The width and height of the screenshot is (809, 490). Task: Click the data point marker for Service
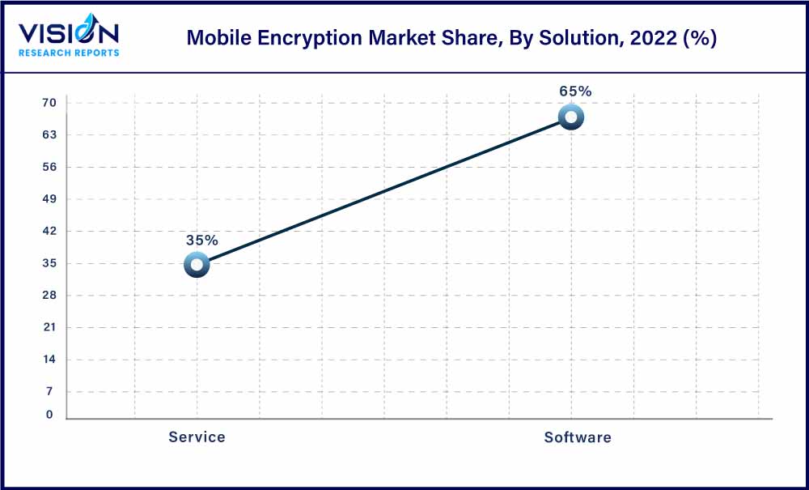pyautogui.click(x=197, y=264)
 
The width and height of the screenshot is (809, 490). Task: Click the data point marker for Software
pyautogui.click(x=571, y=117)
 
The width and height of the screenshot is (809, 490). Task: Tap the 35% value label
pyautogui.click(x=201, y=241)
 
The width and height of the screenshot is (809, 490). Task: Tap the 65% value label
pyautogui.click(x=575, y=92)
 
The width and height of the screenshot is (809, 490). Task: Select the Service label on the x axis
pyautogui.click(x=197, y=437)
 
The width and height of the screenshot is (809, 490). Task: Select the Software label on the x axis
pyautogui.click(x=577, y=437)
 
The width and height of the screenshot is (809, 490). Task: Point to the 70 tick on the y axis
pyautogui.click(x=49, y=103)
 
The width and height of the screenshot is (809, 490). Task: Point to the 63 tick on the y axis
pyautogui.click(x=49, y=134)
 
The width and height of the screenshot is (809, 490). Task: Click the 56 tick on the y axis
pyautogui.click(x=49, y=167)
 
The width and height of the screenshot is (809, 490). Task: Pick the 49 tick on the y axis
pyautogui.click(x=49, y=198)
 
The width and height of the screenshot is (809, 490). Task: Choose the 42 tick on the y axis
pyautogui.click(x=49, y=231)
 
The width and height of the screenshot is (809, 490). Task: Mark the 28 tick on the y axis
pyautogui.click(x=49, y=295)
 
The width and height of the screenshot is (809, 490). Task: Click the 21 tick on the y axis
pyautogui.click(x=49, y=327)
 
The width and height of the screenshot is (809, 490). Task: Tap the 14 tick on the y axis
pyautogui.click(x=49, y=359)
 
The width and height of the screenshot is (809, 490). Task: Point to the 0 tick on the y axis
pyautogui.click(x=49, y=415)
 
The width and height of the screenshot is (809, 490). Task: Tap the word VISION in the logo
pyautogui.click(x=69, y=33)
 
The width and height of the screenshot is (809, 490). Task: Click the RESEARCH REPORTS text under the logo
pyautogui.click(x=69, y=53)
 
